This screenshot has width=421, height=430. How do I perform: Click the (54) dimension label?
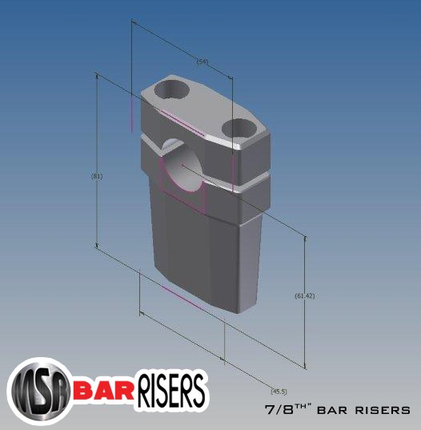202,61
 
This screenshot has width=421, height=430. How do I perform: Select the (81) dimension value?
98,175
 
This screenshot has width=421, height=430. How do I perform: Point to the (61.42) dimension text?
305,296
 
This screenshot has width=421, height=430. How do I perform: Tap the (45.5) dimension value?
279,391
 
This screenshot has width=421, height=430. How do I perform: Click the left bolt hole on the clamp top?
173,87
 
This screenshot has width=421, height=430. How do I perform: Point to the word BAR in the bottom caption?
332,411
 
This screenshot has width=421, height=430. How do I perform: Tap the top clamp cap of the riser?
204,112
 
